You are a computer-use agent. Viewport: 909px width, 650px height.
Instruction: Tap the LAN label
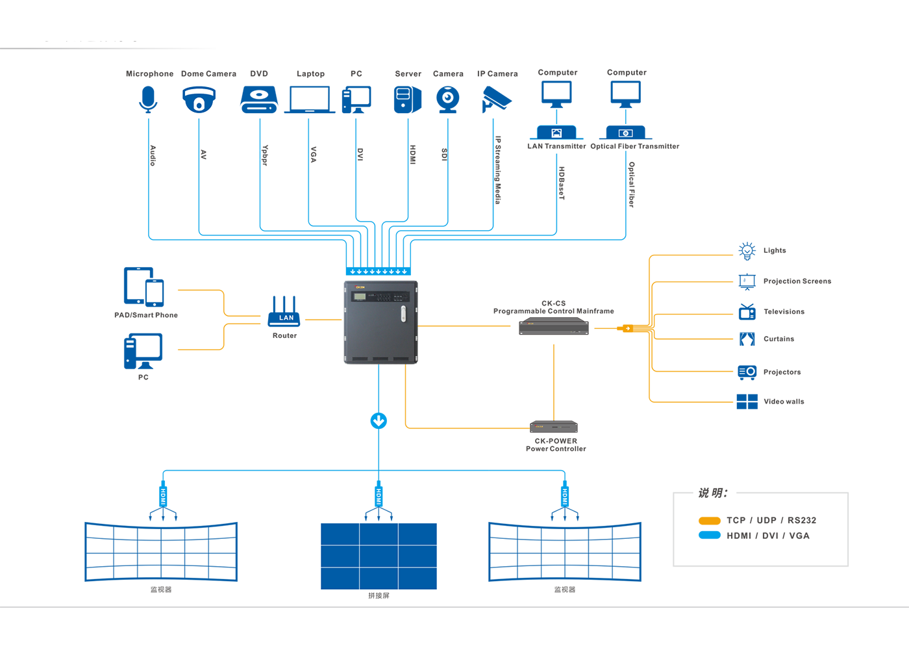point(286,318)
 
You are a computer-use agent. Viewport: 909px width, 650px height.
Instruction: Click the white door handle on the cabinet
point(403,314)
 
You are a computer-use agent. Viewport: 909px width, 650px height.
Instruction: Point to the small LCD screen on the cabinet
point(358,297)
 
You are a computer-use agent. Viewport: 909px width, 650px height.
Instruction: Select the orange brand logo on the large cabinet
point(360,287)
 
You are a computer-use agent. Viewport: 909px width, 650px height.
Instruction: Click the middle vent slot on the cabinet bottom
point(379,359)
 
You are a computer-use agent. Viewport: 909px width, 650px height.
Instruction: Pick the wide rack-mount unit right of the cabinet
point(554,326)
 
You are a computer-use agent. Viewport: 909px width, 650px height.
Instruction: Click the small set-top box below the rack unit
point(553,427)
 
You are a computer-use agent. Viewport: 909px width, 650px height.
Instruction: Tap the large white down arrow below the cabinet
point(379,421)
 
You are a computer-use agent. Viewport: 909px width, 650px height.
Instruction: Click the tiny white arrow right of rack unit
point(628,329)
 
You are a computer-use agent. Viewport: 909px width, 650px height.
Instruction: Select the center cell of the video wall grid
point(379,556)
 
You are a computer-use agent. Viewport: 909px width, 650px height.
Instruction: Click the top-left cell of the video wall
point(340,534)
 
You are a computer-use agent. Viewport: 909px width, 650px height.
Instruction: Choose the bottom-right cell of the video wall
point(417,578)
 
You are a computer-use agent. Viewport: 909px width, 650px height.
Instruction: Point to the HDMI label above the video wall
point(379,497)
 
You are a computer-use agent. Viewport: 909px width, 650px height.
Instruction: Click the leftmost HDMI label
point(163,497)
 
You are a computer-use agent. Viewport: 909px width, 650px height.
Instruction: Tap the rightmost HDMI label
point(564,497)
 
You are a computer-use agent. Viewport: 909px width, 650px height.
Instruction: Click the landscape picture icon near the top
point(556,133)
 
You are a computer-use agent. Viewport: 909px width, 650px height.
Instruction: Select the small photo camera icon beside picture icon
point(625,133)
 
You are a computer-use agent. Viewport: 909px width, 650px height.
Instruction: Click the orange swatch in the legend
point(706,518)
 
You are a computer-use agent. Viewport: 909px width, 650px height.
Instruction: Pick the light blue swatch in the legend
point(706,539)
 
